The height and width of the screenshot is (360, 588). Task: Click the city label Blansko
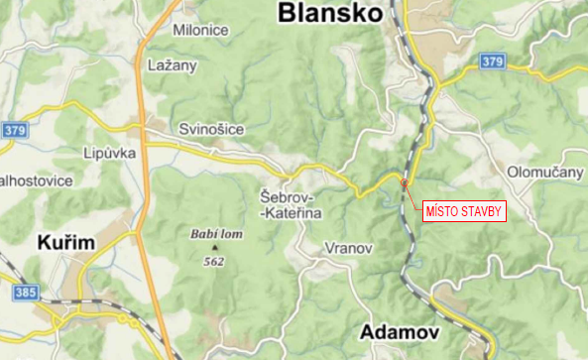(x=330, y=13)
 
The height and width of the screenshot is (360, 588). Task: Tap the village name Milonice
(x=200, y=30)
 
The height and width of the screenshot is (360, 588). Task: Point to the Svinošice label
(x=208, y=130)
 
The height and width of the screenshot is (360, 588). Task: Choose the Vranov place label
(x=348, y=248)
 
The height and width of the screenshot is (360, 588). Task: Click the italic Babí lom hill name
(x=210, y=236)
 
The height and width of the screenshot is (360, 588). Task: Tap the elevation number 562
(x=213, y=261)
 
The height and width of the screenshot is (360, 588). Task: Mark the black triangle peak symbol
(x=213, y=248)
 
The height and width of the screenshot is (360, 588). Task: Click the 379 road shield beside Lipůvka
(x=14, y=130)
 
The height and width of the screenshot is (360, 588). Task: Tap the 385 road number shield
(x=26, y=294)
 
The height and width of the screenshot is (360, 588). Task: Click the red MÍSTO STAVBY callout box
(x=465, y=211)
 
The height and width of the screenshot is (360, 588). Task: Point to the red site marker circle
(x=404, y=183)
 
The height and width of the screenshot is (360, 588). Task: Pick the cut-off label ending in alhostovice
(x=36, y=181)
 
